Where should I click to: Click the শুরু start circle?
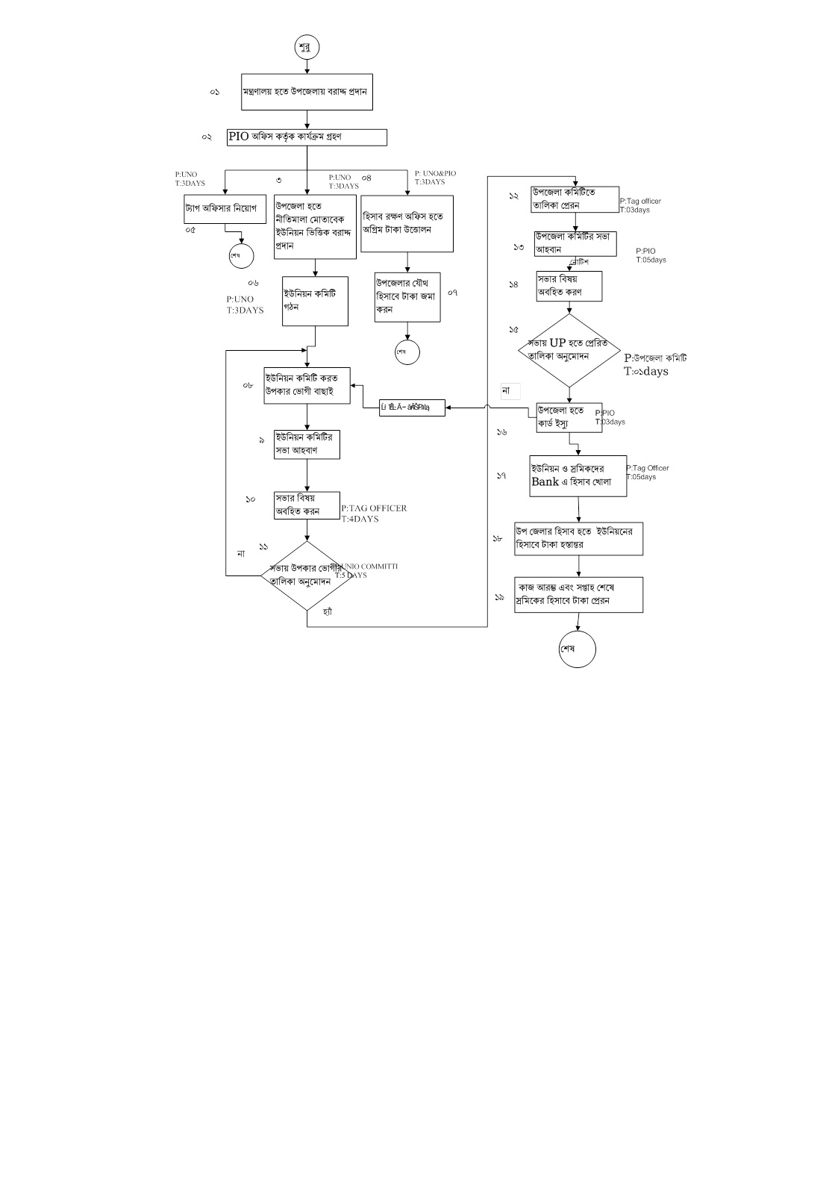[307, 46]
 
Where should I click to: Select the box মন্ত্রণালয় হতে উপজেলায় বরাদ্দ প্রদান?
[307, 92]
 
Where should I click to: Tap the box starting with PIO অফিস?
[307, 137]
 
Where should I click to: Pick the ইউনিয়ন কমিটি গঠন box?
[315, 301]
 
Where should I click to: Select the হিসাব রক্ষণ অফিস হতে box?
[407, 223]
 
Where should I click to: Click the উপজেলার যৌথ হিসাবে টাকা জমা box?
[407, 296]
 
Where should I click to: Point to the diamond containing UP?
[569, 350]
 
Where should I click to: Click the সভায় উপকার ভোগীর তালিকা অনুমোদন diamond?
[307, 574]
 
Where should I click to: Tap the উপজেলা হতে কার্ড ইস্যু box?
[569, 418]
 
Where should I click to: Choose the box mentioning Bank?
[578, 476]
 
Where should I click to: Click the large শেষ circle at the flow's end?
[577, 649]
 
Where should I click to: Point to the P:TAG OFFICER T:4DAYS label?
[374, 514]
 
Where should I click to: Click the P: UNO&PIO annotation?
[435, 178]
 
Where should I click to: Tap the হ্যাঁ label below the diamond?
[327, 611]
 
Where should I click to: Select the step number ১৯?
[499, 597]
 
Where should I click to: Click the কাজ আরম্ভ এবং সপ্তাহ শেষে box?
[578, 594]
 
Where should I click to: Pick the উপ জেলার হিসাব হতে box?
[578, 538]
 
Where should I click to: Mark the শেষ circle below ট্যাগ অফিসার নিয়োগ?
[241, 255]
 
